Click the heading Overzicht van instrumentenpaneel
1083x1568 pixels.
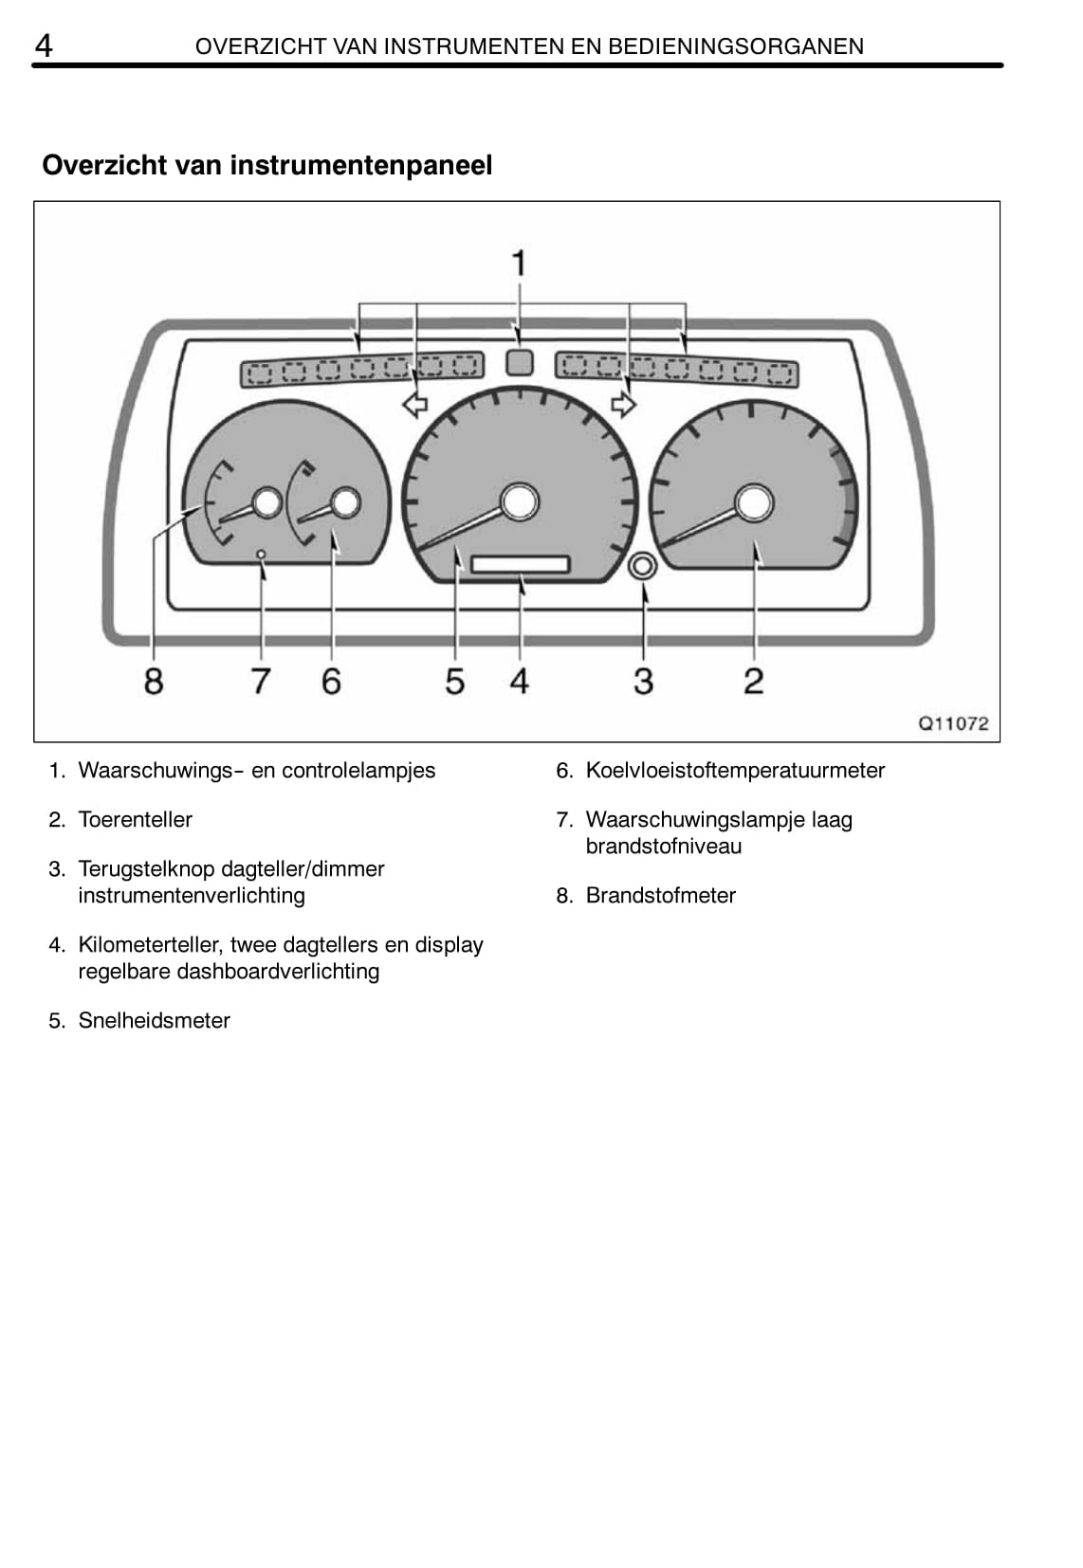[x=266, y=165]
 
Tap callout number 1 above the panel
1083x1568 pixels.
[x=518, y=263]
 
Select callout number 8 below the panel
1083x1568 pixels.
[x=153, y=681]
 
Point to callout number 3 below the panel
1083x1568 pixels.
[x=643, y=681]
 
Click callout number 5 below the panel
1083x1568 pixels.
[x=455, y=681]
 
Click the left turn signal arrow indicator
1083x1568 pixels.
[x=414, y=406]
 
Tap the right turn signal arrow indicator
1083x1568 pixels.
[x=623, y=405]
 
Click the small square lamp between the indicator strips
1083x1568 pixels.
[x=518, y=362]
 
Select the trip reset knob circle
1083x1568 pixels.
[x=642, y=566]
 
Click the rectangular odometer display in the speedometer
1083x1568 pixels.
[x=520, y=564]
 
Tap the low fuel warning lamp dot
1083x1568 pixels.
[x=262, y=553]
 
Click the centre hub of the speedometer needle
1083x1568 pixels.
[x=519, y=501]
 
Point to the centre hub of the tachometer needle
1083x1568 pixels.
[x=754, y=502]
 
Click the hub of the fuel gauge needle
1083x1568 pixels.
[x=268, y=502]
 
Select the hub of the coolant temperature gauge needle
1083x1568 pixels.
[x=346, y=502]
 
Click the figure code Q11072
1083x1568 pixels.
[x=953, y=723]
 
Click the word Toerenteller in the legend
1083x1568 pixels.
[x=135, y=819]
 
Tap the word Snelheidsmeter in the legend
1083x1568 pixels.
[x=154, y=1020]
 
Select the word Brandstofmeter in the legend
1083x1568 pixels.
[x=660, y=895]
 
